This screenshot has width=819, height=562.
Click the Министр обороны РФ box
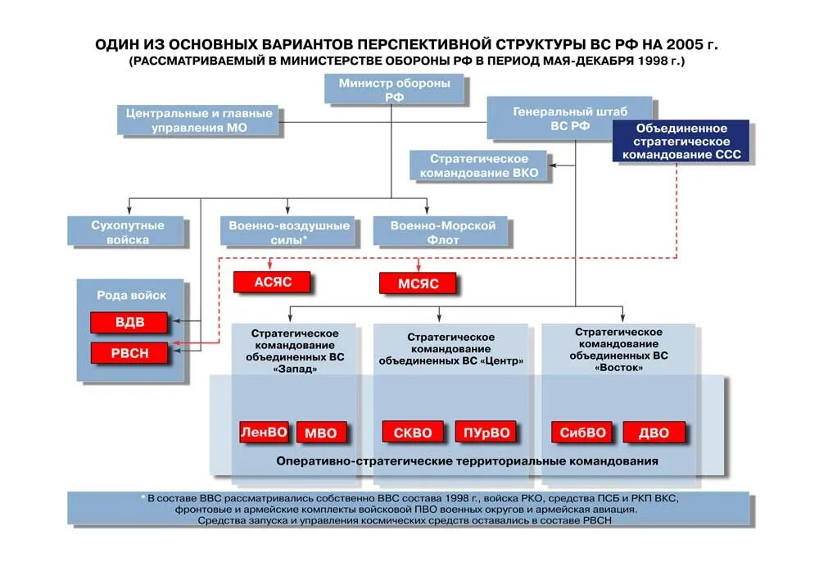point(394,89)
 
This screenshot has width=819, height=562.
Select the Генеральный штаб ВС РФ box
point(569,118)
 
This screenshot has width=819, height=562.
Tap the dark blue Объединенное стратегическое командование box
point(681,141)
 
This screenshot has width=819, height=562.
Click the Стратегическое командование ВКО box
point(479,165)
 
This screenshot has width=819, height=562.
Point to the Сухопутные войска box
point(127,232)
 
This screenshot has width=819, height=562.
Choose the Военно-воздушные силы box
point(288,232)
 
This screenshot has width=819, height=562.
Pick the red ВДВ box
point(129,322)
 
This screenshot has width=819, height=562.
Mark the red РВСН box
point(129,354)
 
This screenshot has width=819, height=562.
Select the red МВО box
point(320,433)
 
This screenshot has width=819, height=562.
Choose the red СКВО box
point(413,432)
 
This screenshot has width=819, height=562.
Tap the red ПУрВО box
point(486,433)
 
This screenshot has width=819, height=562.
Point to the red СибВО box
point(582,433)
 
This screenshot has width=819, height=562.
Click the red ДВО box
point(654,433)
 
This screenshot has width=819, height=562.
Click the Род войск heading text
point(131,295)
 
